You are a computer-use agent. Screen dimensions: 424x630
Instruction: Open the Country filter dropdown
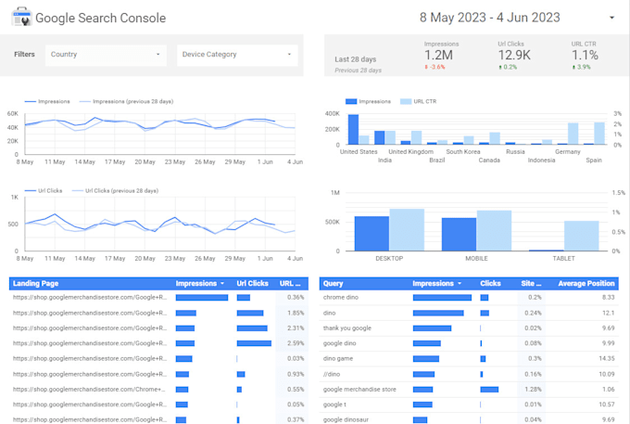coord(105,55)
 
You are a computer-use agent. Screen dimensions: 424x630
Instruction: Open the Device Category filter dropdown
coord(237,55)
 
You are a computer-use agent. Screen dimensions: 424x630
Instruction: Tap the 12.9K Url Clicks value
coord(514,56)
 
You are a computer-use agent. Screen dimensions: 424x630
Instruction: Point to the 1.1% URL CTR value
coord(584,56)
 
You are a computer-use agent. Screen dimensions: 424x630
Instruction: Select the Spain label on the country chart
coord(593,160)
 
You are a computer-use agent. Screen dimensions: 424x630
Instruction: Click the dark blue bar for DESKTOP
coord(372,233)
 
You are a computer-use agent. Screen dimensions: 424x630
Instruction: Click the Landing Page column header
coord(38,283)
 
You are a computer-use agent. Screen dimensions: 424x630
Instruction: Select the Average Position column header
coord(586,283)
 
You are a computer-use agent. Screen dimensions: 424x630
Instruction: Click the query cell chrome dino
coord(342,298)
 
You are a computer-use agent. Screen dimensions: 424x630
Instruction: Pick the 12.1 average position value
coord(608,313)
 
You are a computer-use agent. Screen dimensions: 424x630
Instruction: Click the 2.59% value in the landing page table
coord(296,343)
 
